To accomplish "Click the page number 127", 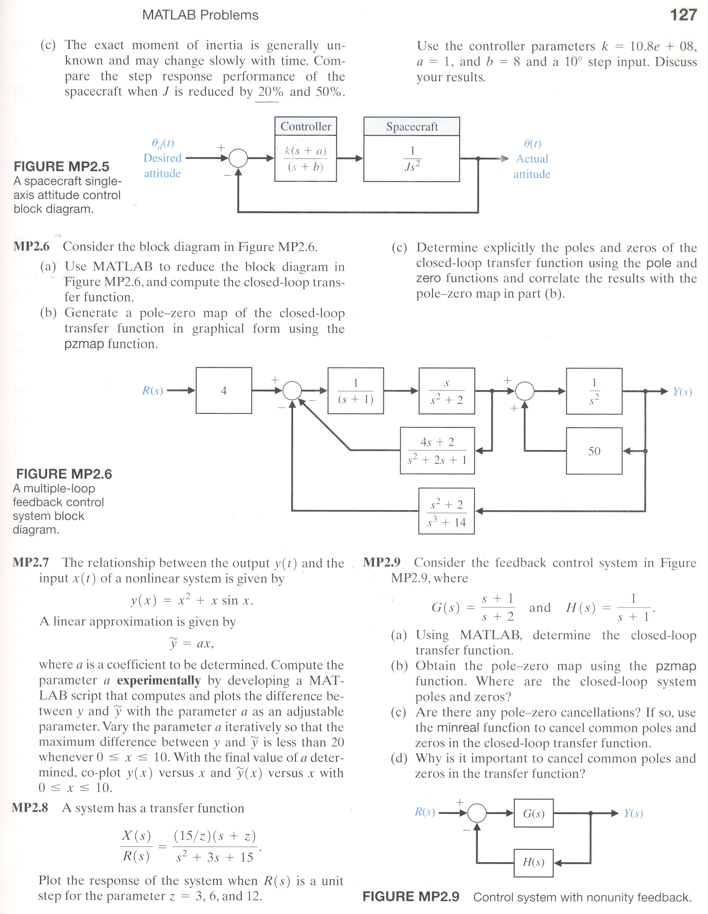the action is click(683, 15).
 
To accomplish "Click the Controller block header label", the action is click(306, 126).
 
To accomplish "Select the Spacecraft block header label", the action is click(412, 126).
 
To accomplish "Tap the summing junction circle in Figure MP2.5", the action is click(238, 158).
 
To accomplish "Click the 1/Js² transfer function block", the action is click(412, 158).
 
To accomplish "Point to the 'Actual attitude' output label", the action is click(532, 166).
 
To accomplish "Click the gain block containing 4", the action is click(224, 390).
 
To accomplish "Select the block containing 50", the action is click(594, 451).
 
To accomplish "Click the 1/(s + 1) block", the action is click(356, 391).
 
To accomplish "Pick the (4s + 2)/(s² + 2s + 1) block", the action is click(437, 451).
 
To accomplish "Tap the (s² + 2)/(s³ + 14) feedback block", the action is click(446, 511).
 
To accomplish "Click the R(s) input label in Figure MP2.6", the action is click(153, 391).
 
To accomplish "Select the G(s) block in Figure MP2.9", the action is click(534, 814).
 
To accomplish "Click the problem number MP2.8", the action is click(30, 808).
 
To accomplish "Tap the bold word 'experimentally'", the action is click(159, 680).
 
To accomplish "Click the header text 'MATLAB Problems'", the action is click(201, 15).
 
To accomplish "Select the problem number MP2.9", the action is click(382, 562).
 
